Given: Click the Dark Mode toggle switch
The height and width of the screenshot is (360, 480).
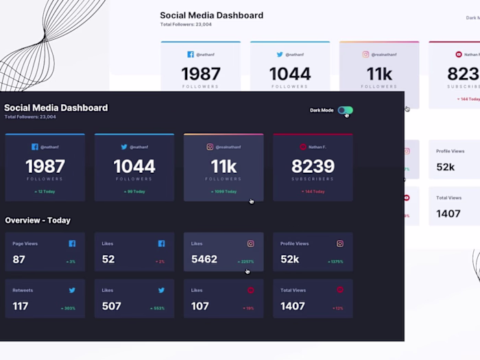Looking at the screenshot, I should pyautogui.click(x=345, y=110).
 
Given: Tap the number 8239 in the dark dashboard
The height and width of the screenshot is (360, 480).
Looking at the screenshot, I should pyautogui.click(x=313, y=166).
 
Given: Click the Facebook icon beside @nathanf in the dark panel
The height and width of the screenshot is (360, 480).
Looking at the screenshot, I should pyautogui.click(x=35, y=147).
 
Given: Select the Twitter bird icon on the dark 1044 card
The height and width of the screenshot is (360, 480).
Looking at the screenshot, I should pyautogui.click(x=124, y=147).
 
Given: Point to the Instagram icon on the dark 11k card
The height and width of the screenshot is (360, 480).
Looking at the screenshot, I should pyautogui.click(x=210, y=147).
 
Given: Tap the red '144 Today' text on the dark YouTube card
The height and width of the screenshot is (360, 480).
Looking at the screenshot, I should pyautogui.click(x=313, y=191).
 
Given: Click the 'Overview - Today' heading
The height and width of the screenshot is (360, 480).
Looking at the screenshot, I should pyautogui.click(x=38, y=220).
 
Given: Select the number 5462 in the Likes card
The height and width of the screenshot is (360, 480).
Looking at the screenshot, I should pyautogui.click(x=204, y=259).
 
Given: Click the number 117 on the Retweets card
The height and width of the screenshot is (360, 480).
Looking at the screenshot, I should pyautogui.click(x=21, y=306).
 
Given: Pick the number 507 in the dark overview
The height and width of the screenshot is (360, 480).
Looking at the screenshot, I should pyautogui.click(x=112, y=306).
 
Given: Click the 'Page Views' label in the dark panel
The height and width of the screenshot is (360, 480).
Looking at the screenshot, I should pyautogui.click(x=25, y=243).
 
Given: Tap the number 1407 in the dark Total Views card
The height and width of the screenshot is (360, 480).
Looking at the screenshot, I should pyautogui.click(x=293, y=306).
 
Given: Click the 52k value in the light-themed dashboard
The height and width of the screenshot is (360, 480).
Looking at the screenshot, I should pyautogui.click(x=446, y=167).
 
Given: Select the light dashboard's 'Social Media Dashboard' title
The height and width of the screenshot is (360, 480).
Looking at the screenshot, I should pyautogui.click(x=211, y=15).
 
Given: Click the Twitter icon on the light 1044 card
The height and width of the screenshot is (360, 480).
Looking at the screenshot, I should pyautogui.click(x=280, y=54).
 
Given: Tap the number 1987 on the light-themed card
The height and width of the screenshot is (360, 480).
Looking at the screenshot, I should pyautogui.click(x=200, y=73).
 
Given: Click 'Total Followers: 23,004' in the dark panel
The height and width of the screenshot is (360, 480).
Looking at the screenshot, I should pyautogui.click(x=30, y=117).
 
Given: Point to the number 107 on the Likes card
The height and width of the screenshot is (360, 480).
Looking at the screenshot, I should pyautogui.click(x=200, y=306).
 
